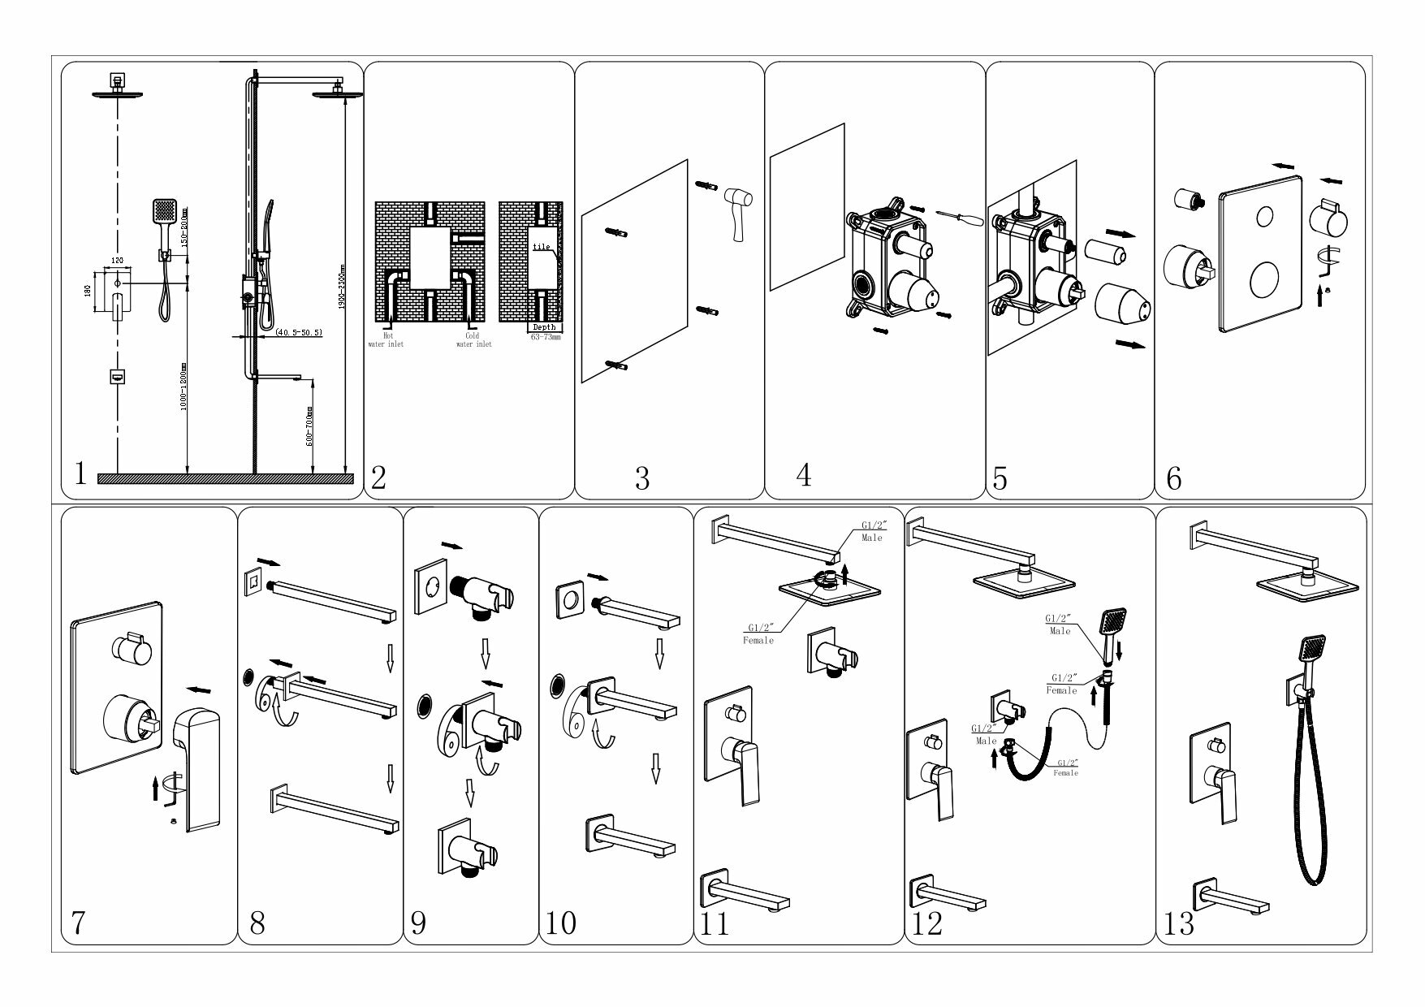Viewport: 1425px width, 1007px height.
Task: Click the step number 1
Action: (x=80, y=473)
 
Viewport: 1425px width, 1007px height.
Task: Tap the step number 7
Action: (x=78, y=923)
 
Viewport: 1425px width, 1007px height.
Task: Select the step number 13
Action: (x=1179, y=924)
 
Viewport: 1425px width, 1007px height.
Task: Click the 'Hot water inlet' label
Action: (x=388, y=340)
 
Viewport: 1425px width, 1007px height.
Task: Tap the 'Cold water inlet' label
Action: (x=473, y=340)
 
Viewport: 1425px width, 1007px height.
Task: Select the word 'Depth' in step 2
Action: (x=544, y=327)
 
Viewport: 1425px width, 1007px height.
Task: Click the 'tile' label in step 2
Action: (x=542, y=247)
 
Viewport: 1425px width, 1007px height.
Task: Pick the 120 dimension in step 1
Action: (x=117, y=261)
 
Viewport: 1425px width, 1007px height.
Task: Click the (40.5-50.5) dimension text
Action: (x=299, y=332)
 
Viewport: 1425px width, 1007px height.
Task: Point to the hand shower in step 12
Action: (x=1112, y=625)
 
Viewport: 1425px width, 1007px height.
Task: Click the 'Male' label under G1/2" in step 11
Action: (x=872, y=538)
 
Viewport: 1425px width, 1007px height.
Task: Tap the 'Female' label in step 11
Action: (x=758, y=641)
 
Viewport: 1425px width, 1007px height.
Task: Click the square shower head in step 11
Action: (x=828, y=588)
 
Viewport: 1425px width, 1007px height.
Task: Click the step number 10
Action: (x=561, y=923)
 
